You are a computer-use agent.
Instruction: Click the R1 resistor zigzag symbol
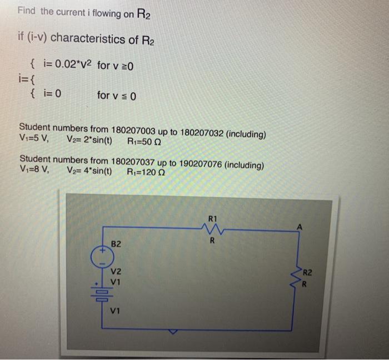[211, 228]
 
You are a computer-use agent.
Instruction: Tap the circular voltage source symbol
[102, 258]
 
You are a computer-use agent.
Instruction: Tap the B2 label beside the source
[116, 244]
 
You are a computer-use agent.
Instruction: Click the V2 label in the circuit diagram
[116, 272]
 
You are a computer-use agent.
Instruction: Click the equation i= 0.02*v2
[67, 66]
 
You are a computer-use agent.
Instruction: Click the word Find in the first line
[26, 11]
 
